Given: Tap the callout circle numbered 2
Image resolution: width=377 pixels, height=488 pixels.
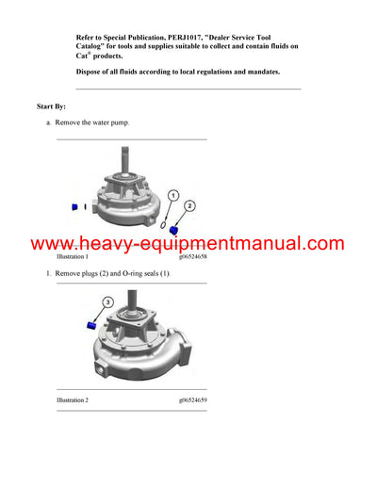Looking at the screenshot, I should (189, 204).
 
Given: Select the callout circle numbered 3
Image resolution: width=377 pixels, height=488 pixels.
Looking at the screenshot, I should (107, 302).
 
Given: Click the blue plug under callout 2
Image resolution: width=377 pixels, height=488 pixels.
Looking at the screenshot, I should (174, 231).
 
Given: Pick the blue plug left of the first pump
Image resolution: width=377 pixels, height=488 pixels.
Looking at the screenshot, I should (74, 205).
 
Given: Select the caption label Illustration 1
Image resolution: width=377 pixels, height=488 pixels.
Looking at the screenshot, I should (73, 256).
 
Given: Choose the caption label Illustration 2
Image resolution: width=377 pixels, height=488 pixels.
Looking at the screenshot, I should (73, 400).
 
